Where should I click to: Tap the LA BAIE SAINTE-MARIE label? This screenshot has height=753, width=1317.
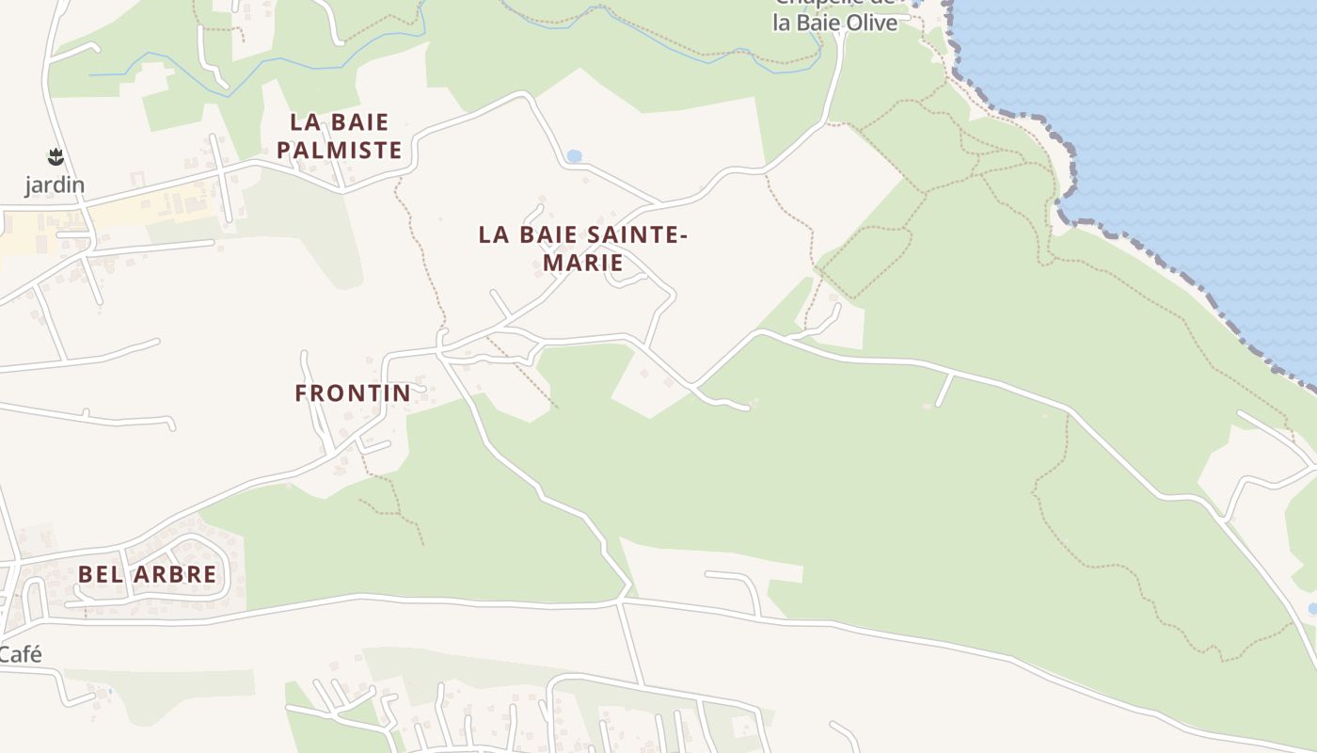coord(582,248)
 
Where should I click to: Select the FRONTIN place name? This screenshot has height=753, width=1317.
coord(353,393)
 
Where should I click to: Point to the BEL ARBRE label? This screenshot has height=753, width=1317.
coord(147,574)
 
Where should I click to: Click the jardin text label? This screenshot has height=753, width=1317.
coord(55,185)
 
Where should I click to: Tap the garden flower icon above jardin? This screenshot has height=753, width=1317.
coord(55,156)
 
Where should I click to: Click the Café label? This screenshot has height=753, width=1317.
coord(21,655)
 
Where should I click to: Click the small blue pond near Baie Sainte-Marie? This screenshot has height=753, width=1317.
coord(574,155)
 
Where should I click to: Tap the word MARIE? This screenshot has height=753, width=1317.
coord(582,263)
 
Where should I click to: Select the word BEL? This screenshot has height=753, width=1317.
coord(99,574)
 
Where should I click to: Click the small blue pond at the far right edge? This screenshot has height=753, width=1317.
coord(1312,609)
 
